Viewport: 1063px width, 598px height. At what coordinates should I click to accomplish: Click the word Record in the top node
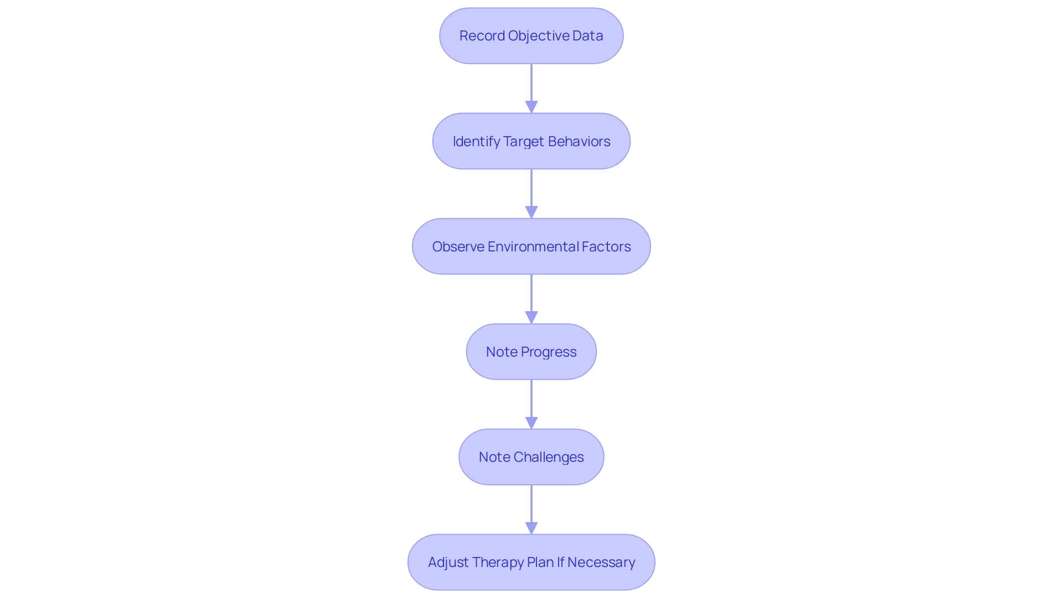(x=482, y=36)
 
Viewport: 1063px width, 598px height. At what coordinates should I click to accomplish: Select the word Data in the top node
(x=587, y=36)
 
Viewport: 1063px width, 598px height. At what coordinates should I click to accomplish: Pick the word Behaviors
(x=579, y=142)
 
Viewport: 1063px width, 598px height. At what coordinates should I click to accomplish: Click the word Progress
(x=548, y=352)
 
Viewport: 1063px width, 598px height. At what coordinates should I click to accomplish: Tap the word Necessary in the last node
(x=601, y=563)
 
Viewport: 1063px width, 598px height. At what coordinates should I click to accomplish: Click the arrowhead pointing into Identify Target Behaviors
(x=531, y=107)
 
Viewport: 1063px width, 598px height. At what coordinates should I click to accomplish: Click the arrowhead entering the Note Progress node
(x=531, y=317)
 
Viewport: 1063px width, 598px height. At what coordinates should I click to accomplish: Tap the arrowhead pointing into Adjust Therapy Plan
(x=531, y=528)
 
